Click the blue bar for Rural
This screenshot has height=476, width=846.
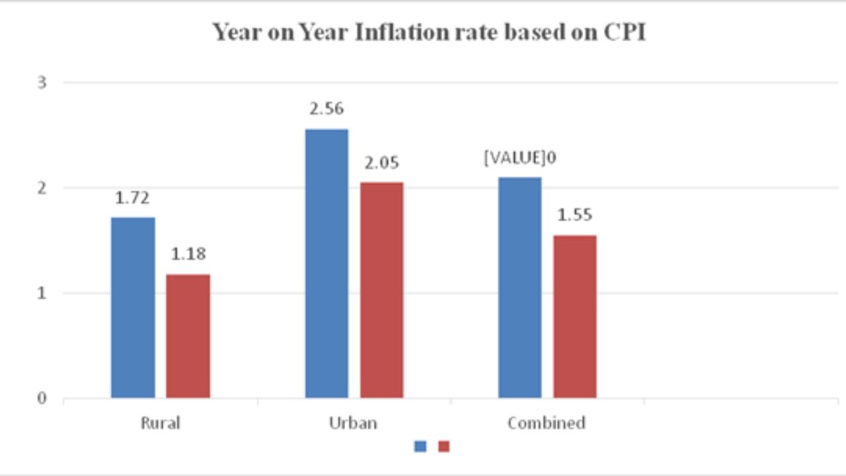pyautogui.click(x=133, y=307)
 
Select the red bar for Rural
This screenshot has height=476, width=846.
pyautogui.click(x=188, y=336)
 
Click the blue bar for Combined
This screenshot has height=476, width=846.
pyautogui.click(x=519, y=288)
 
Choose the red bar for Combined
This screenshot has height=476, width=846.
pyautogui.click(x=574, y=316)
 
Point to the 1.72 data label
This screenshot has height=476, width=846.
pyautogui.click(x=132, y=198)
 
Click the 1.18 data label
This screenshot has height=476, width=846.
pyautogui.click(x=188, y=254)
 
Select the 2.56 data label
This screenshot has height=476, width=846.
pyautogui.click(x=327, y=109)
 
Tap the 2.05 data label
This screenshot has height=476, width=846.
pyautogui.click(x=381, y=163)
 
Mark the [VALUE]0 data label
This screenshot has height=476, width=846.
pyautogui.click(x=519, y=159)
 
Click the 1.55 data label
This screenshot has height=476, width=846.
pyautogui.click(x=574, y=216)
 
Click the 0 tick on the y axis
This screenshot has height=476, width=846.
pyautogui.click(x=42, y=399)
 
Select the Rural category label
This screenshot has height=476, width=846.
pyautogui.click(x=160, y=423)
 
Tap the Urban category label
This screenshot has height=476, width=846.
pyautogui.click(x=353, y=423)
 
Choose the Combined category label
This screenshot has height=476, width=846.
pyautogui.click(x=547, y=423)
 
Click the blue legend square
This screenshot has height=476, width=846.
pyautogui.click(x=420, y=446)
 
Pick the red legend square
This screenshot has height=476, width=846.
pyautogui.click(x=443, y=446)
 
